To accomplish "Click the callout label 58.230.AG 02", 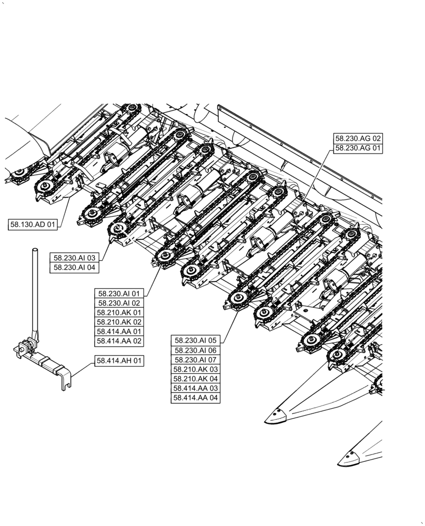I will [x=358, y=138].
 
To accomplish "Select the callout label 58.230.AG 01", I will [x=358, y=148].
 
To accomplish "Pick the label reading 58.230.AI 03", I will [x=75, y=258].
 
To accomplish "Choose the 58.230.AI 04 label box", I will [x=75, y=268].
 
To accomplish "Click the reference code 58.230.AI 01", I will [x=119, y=294].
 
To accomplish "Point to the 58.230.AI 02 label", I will [x=119, y=303].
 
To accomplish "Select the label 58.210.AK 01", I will [x=119, y=312].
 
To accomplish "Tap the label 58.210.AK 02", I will [x=119, y=322].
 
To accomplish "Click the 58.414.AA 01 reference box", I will [x=119, y=331].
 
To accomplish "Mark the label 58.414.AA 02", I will [x=119, y=341].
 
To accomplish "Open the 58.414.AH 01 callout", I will [x=119, y=361].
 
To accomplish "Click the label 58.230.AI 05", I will [x=196, y=340].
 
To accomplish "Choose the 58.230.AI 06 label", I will [x=196, y=350].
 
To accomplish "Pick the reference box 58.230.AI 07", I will [x=196, y=360].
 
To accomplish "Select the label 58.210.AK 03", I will [x=196, y=369].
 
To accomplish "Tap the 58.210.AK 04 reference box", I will [x=196, y=379].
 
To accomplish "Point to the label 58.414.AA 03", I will [x=196, y=388].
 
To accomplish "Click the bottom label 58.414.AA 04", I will [x=196, y=398].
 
